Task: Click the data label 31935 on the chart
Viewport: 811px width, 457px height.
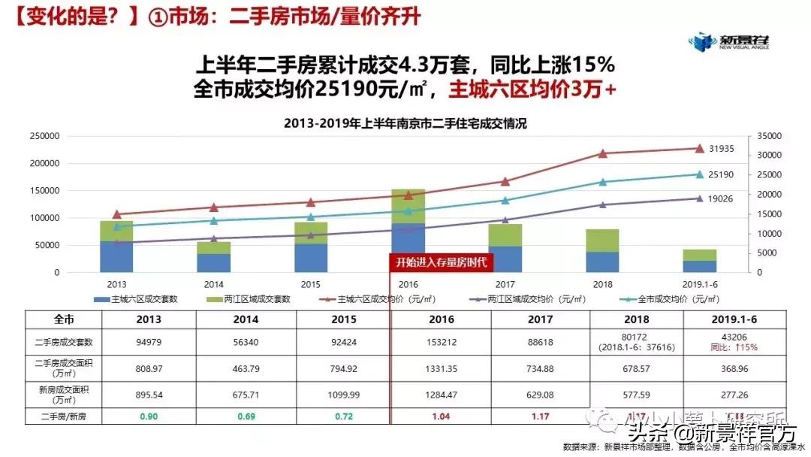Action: [x=722, y=149]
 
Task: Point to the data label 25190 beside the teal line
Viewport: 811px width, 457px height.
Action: [x=722, y=175]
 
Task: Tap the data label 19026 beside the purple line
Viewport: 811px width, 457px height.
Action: [x=722, y=199]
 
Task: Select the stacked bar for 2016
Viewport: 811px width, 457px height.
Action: [x=408, y=231]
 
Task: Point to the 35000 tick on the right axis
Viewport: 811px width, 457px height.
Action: [x=770, y=137]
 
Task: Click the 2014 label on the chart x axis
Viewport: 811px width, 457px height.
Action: [x=214, y=284]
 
